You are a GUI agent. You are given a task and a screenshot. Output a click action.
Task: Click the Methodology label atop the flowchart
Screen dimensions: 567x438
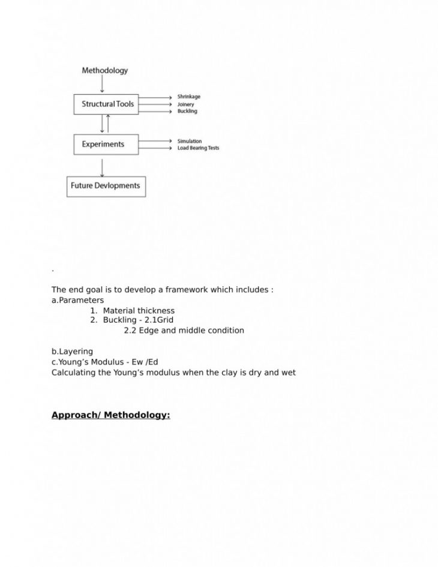[104, 70]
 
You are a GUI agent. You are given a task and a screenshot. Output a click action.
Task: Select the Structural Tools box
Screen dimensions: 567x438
[106, 104]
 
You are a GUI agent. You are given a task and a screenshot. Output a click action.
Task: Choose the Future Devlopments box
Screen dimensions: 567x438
[106, 186]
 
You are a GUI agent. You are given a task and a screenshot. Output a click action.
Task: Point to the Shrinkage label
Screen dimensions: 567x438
[189, 97]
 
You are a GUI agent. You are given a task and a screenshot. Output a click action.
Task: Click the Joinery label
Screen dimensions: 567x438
[186, 104]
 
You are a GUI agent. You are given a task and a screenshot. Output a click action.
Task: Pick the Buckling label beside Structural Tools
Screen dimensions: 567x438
[187, 111]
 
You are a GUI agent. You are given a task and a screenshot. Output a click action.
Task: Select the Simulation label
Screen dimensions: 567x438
[190, 141]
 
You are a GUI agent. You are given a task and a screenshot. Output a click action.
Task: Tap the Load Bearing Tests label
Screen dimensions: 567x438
[198, 148]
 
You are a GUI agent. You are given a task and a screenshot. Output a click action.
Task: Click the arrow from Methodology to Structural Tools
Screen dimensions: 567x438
[102, 85]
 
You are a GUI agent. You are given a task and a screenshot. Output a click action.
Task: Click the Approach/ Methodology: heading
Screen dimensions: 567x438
[110, 415]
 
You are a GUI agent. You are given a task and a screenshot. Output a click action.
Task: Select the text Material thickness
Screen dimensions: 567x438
[139, 311]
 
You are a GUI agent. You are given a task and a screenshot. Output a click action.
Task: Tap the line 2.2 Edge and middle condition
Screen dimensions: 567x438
[184, 331]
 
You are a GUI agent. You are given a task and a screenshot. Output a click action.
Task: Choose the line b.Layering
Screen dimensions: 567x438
[72, 352]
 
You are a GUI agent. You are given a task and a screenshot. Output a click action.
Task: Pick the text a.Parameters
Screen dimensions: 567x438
[77, 300]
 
